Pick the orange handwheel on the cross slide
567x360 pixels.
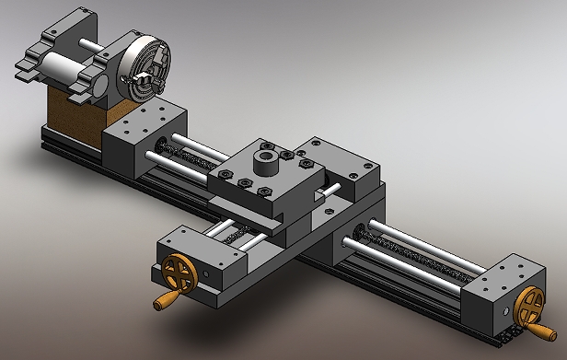tap(176, 273)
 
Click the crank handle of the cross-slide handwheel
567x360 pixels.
tap(166, 300)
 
